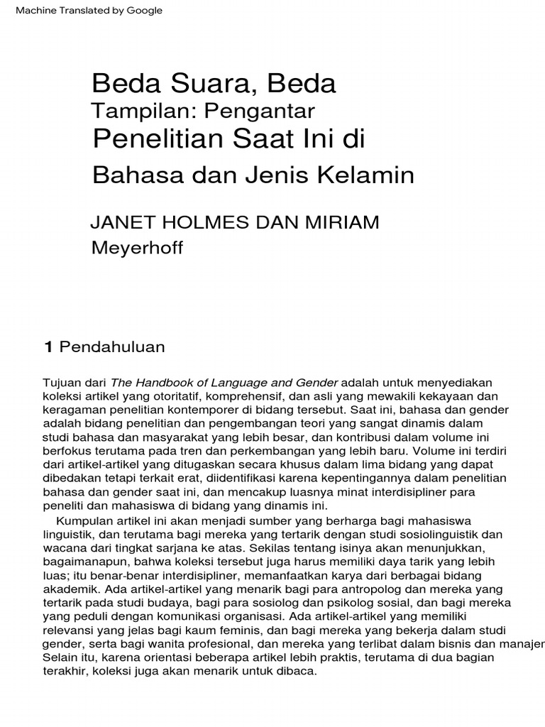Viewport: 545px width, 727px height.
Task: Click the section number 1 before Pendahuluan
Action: pyautogui.click(x=49, y=346)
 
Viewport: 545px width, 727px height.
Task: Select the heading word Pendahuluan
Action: pyautogui.click(x=112, y=346)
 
